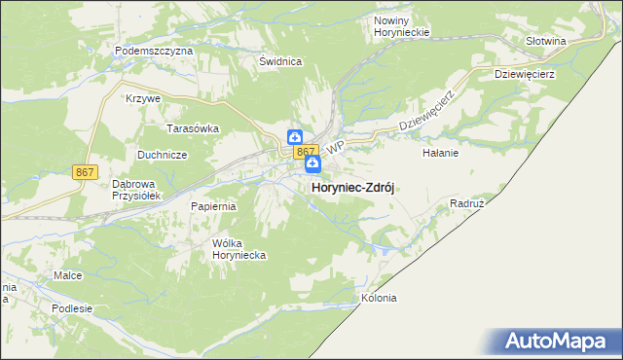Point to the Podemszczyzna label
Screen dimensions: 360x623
[154, 50]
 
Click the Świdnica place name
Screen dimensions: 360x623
[280, 61]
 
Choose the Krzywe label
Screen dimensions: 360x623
[142, 98]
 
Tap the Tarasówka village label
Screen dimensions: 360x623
[193, 128]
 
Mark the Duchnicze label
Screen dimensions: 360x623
[162, 154]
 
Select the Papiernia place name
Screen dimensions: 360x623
[214, 206]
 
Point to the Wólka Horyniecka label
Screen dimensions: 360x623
[239, 249]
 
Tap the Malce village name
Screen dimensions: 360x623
[68, 276]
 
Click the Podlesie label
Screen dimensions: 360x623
[73, 308]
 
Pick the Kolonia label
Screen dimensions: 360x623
[379, 298]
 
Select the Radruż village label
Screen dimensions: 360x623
[468, 204]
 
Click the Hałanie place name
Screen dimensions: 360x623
[440, 153]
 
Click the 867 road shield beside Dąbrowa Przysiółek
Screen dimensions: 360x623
[85, 171]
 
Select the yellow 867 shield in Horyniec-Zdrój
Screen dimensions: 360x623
[305, 152]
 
